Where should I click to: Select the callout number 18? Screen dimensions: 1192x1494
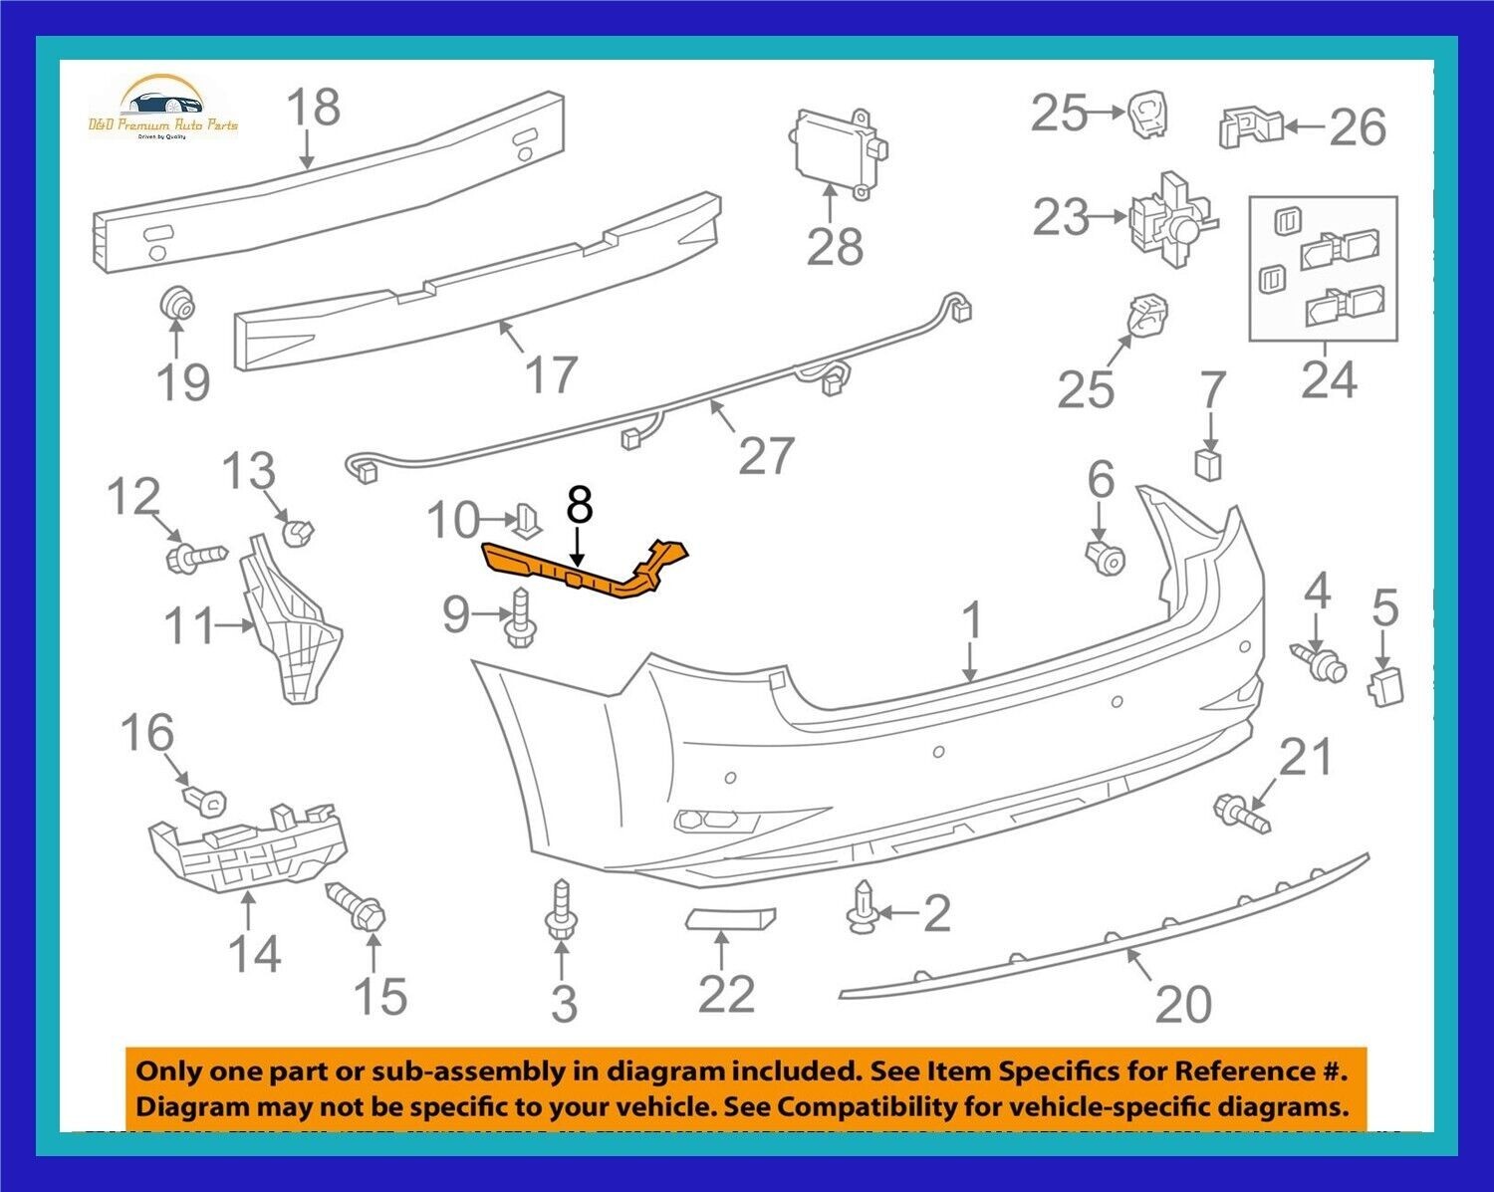tap(314, 108)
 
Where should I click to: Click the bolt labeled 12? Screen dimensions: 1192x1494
tap(194, 554)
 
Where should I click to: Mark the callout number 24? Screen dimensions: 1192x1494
tap(1329, 380)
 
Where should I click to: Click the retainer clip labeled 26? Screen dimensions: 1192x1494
tap(1249, 126)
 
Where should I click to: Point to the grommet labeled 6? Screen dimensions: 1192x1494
tap(1105, 559)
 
